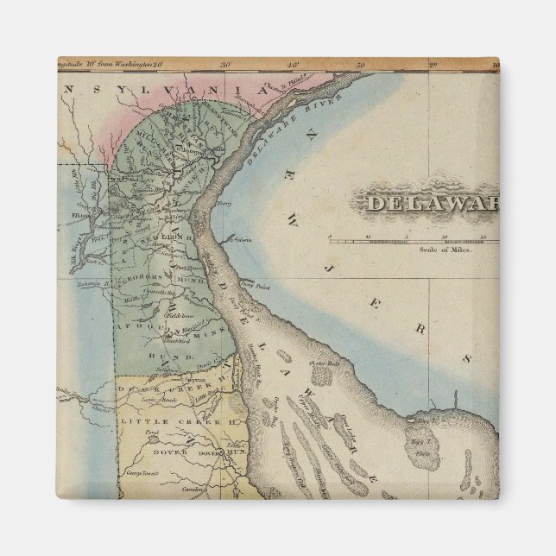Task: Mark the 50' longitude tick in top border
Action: (361, 64)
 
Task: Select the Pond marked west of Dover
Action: (152, 433)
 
